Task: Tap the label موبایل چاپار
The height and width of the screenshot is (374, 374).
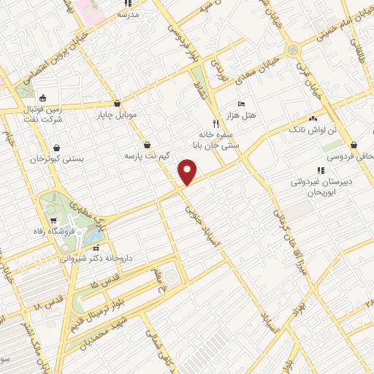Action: pos(117,115)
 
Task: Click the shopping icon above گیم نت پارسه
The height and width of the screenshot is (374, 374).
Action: pos(148,145)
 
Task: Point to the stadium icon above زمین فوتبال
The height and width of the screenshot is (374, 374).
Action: pos(42,99)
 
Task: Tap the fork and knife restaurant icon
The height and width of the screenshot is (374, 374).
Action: pos(215,123)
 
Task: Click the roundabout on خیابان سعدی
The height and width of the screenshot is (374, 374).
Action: pos(294,49)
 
